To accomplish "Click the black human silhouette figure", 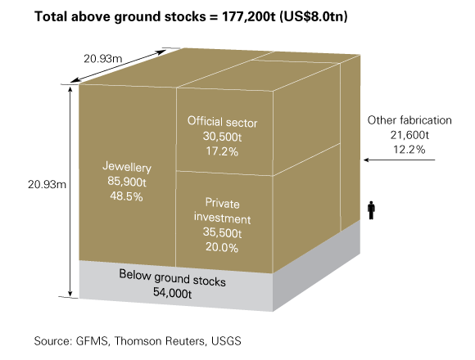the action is click(x=371, y=210).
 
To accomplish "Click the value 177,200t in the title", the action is click(x=249, y=16).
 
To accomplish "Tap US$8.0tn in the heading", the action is click(x=313, y=16).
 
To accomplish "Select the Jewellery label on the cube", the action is click(x=127, y=167).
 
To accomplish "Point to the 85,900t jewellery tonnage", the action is click(x=127, y=182).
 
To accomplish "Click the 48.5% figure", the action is click(x=126, y=196).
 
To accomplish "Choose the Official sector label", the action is click(x=223, y=122).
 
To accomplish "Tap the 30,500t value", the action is click(x=223, y=137).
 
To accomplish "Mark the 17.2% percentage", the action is click(x=222, y=151).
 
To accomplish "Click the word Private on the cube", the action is click(x=223, y=203).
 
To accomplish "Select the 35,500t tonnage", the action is click(x=223, y=232).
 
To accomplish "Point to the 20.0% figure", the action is click(x=222, y=247).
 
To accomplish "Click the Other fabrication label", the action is click(x=409, y=120).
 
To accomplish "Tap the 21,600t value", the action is click(x=409, y=135).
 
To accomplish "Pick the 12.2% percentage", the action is click(x=409, y=150).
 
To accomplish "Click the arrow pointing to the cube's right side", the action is click(x=400, y=160).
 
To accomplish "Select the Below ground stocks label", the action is click(x=172, y=277).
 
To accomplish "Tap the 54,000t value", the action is click(x=172, y=293).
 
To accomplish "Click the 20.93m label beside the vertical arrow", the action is click(x=47, y=184).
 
